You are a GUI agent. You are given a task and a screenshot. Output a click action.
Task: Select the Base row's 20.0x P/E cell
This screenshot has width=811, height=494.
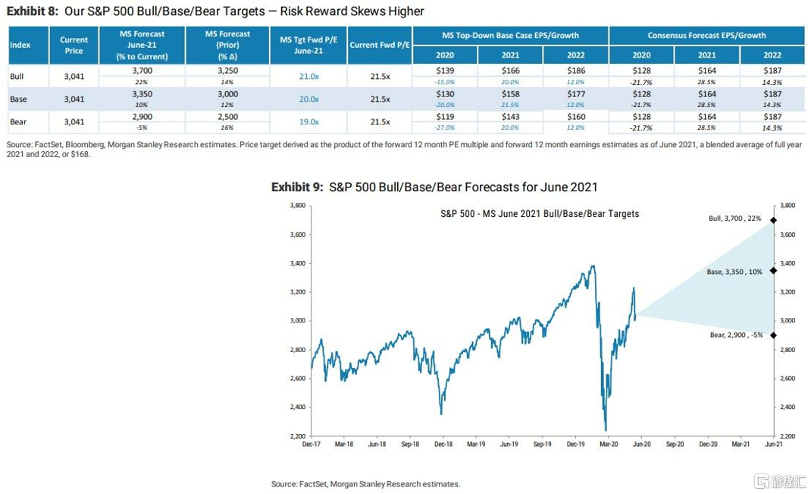308,99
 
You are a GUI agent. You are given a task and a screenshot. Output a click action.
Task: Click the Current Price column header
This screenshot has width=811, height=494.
74,45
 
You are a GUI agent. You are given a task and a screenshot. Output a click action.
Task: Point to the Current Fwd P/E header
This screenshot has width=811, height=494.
380,45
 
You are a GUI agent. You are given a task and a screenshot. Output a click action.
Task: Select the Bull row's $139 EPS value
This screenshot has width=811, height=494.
445,70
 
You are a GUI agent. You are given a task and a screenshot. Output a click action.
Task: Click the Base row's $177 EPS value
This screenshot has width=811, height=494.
576,95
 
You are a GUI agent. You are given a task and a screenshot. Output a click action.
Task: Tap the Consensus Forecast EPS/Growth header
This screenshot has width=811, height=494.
706,35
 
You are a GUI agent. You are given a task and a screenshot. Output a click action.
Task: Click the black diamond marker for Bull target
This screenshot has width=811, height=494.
773,220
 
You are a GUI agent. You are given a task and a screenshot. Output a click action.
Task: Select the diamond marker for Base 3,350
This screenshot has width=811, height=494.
773,270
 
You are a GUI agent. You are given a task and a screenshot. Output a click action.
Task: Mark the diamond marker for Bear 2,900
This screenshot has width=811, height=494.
773,335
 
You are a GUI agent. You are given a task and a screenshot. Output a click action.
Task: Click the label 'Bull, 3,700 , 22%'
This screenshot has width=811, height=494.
734,219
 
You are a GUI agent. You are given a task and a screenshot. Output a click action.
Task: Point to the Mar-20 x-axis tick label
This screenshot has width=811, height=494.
607,445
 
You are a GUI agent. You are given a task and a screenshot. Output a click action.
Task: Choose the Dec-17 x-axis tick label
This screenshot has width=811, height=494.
311,445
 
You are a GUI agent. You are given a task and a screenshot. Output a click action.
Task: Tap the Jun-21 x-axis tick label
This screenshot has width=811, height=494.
772,445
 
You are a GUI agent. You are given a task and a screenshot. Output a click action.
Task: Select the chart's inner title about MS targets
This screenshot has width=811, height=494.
540,214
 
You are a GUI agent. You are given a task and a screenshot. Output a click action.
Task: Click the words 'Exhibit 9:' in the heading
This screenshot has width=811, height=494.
298,187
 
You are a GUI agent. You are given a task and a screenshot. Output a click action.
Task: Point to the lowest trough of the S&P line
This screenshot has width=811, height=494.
606,430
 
